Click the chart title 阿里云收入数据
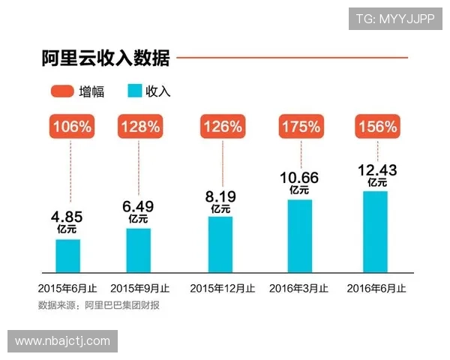click(105, 58)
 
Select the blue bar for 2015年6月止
click(68, 255)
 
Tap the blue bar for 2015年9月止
click(138, 250)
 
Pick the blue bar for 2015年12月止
click(220, 244)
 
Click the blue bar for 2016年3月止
click(299, 235)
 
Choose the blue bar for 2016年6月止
click(376, 231)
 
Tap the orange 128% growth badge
click(139, 126)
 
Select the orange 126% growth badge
click(220, 126)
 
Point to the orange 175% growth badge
click(300, 126)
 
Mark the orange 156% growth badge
click(376, 126)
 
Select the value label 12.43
click(376, 172)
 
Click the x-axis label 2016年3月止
click(298, 288)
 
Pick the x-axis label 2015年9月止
click(139, 288)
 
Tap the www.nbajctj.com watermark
click(62, 341)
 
